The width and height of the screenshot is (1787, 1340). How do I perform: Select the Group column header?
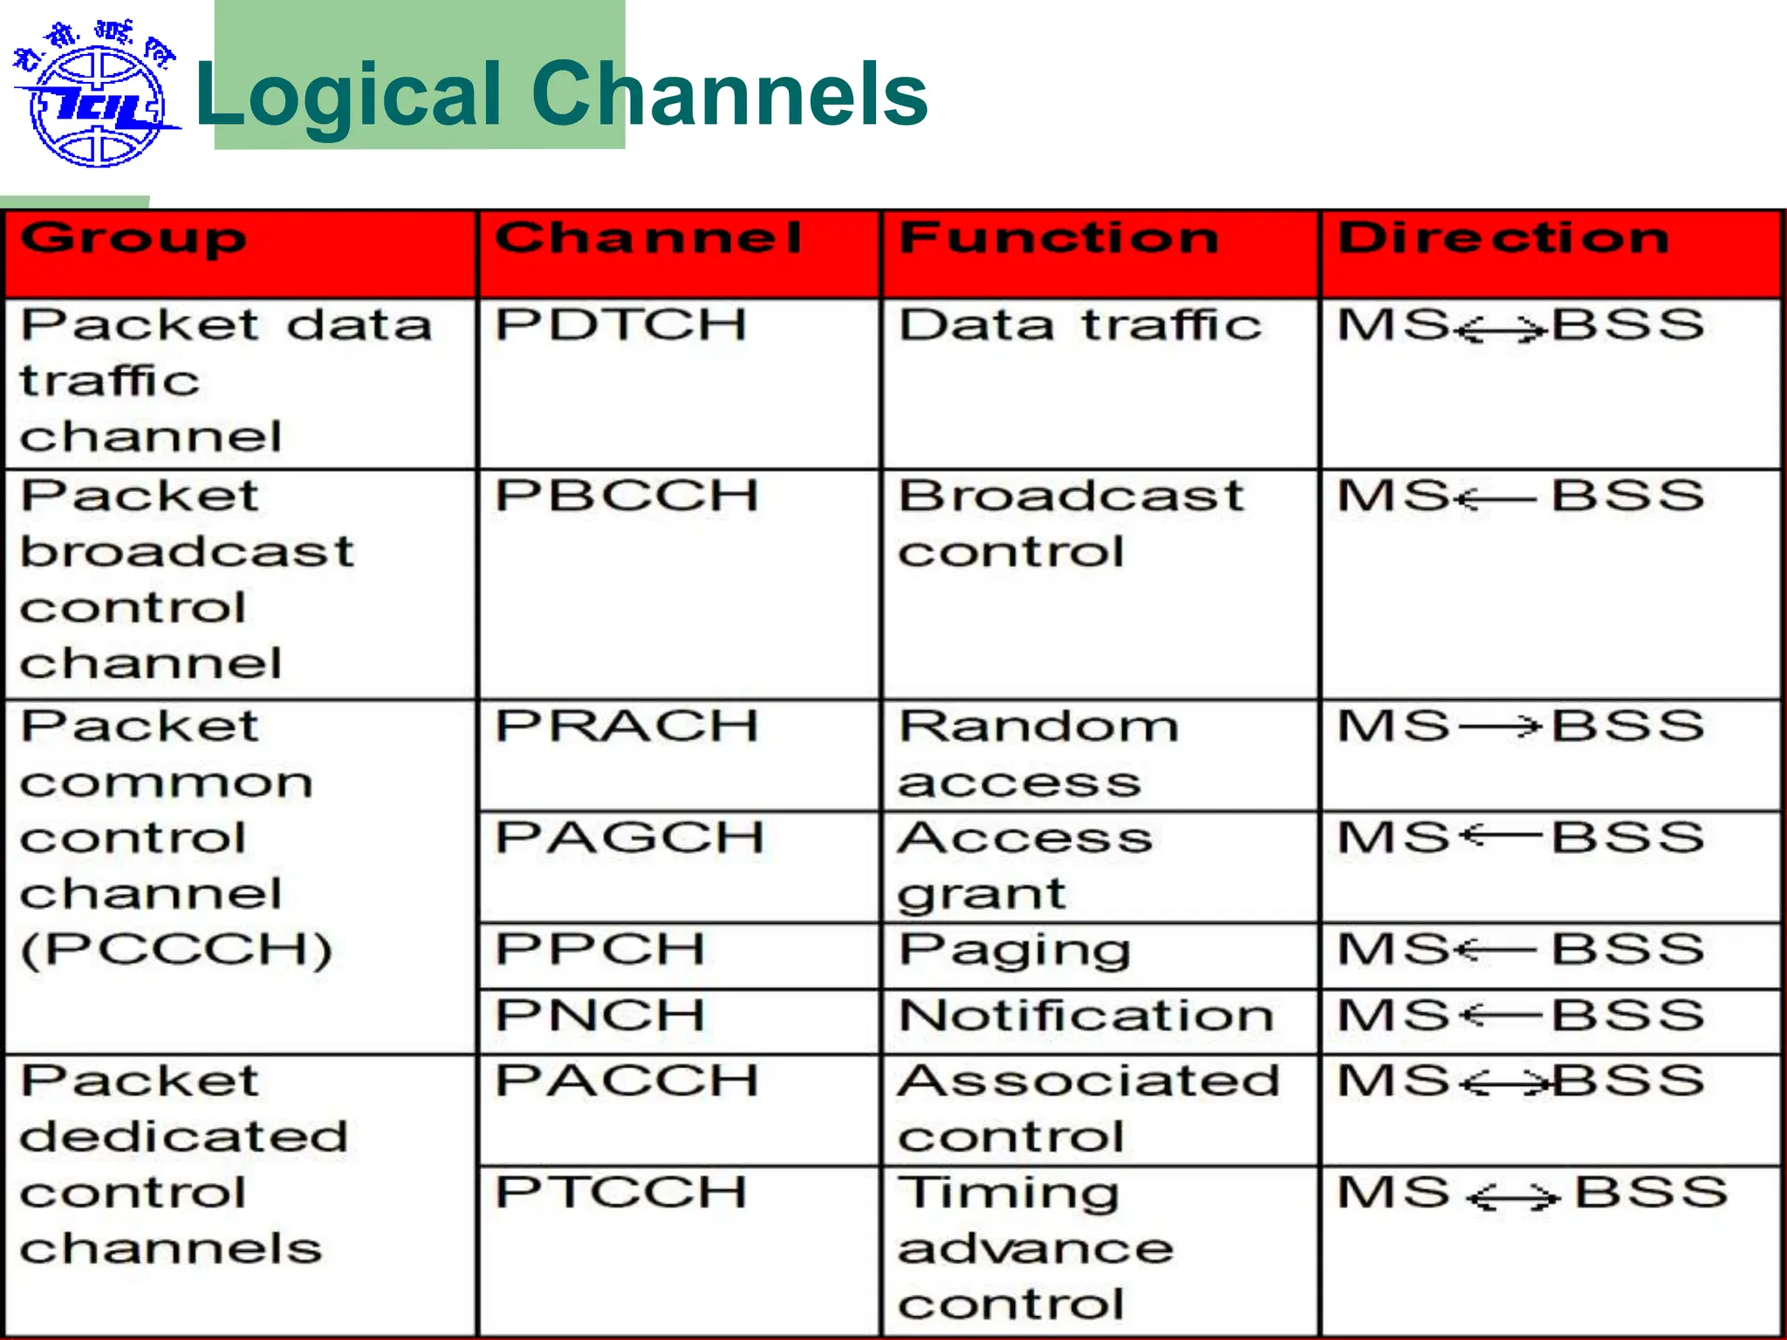tap(134, 239)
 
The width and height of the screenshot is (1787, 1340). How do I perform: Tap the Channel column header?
tap(648, 238)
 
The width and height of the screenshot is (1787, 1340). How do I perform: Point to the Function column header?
tap(1058, 238)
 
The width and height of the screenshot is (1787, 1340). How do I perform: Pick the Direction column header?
tap(1503, 238)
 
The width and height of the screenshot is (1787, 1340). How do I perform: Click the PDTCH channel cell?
tap(621, 325)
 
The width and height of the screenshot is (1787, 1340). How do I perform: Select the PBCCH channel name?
tap(626, 496)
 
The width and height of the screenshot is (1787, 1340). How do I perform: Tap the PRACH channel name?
tap(626, 726)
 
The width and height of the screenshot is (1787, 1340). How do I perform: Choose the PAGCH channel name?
tap(630, 837)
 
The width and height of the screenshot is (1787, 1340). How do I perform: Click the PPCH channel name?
tap(600, 949)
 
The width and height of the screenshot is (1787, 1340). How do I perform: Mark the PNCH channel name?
tap(600, 1015)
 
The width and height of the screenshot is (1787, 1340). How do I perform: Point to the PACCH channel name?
tap(626, 1081)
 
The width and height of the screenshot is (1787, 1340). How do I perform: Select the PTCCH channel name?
tap(621, 1193)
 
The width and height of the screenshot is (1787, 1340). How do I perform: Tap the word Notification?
tap(1086, 1015)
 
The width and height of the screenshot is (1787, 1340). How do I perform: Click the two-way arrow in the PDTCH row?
tap(1502, 330)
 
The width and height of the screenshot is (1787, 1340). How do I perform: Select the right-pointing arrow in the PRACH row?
tap(1498, 726)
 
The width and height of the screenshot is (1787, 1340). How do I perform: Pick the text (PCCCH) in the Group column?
tap(176, 950)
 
